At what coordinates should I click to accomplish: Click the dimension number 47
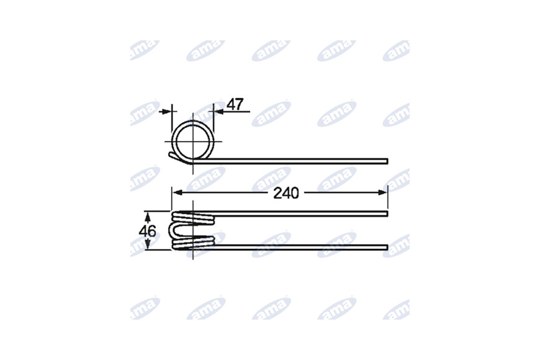pos(236,104)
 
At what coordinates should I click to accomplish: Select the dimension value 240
pos(286,193)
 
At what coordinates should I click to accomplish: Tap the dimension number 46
pos(147,231)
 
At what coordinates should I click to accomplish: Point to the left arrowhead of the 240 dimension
pos(176,192)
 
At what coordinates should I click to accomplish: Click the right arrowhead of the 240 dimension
pos(383,192)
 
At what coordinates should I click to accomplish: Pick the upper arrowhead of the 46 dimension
pos(148,217)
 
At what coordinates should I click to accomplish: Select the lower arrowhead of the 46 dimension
pos(148,245)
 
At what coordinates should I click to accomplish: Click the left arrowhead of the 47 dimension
pos(167,111)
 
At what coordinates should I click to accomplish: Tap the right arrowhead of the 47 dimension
pos(218,111)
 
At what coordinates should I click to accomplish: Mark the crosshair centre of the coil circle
pos(193,142)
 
